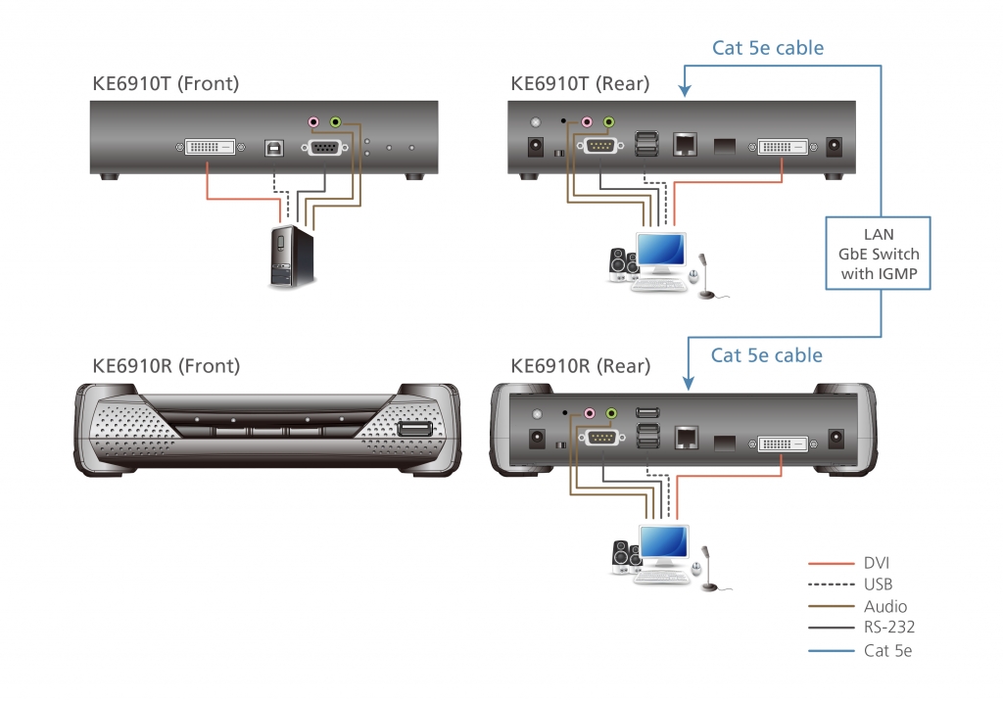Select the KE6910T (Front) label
point(166,84)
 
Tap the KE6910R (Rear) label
point(581,366)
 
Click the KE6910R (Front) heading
point(166,366)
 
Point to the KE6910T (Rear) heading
point(580,84)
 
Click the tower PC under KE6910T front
point(291,257)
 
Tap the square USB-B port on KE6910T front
point(273,147)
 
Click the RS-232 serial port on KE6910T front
point(324,148)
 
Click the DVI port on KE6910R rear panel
point(784,443)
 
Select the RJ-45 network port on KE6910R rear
point(686,438)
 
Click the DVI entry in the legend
point(877,563)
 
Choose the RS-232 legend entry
point(888,627)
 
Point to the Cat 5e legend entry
point(886,649)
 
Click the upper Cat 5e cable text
point(767,47)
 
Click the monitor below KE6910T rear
point(661,253)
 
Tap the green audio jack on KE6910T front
point(336,122)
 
